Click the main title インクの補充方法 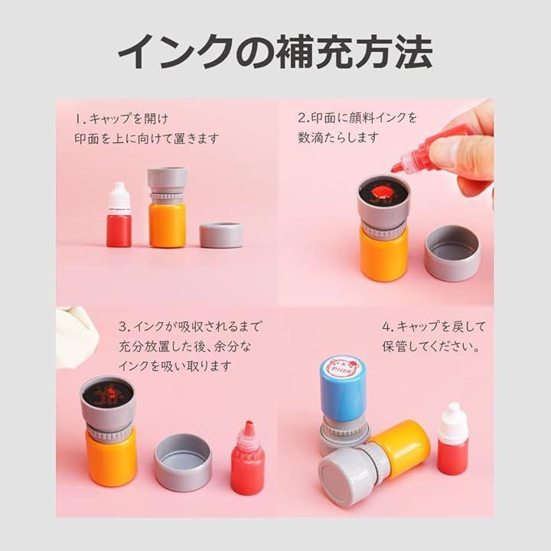[275, 52]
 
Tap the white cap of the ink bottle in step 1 [119, 195]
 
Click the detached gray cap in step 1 [221, 235]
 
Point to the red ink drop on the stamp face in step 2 [382, 193]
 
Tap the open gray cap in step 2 [452, 253]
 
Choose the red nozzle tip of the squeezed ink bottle [397, 167]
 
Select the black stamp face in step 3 [108, 393]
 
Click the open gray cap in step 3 [183, 462]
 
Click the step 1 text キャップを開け [129, 119]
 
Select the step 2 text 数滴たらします [338, 137]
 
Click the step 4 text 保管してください [431, 347]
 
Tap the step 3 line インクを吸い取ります [174, 366]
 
